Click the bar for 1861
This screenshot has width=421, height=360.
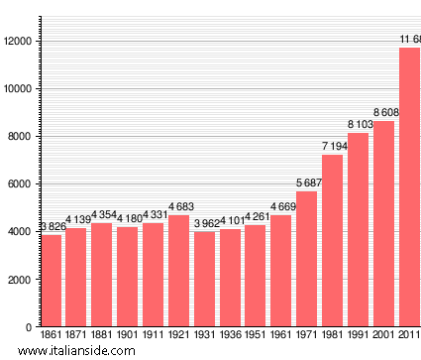point(51,281)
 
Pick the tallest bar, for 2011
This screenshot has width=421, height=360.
point(409,187)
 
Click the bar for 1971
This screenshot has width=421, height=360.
point(307,259)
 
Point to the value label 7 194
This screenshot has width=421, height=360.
point(333,147)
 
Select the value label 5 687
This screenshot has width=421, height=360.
point(307,182)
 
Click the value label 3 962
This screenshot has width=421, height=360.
point(205,224)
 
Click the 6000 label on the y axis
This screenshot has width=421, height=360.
point(22,184)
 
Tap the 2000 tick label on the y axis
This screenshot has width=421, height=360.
point(22,280)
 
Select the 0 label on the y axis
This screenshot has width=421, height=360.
point(31,327)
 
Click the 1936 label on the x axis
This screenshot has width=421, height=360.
point(230,336)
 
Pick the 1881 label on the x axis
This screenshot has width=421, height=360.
point(102,336)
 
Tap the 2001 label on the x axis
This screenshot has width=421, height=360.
point(383,336)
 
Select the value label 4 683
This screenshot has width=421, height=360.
point(179,207)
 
